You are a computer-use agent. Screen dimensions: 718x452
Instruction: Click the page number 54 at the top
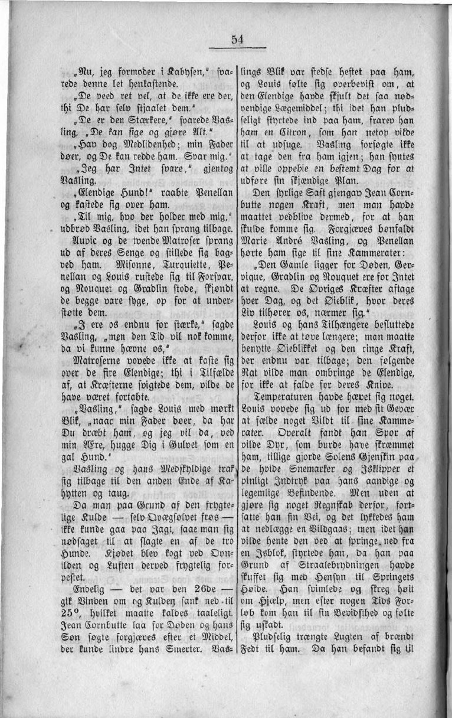click(237, 40)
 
